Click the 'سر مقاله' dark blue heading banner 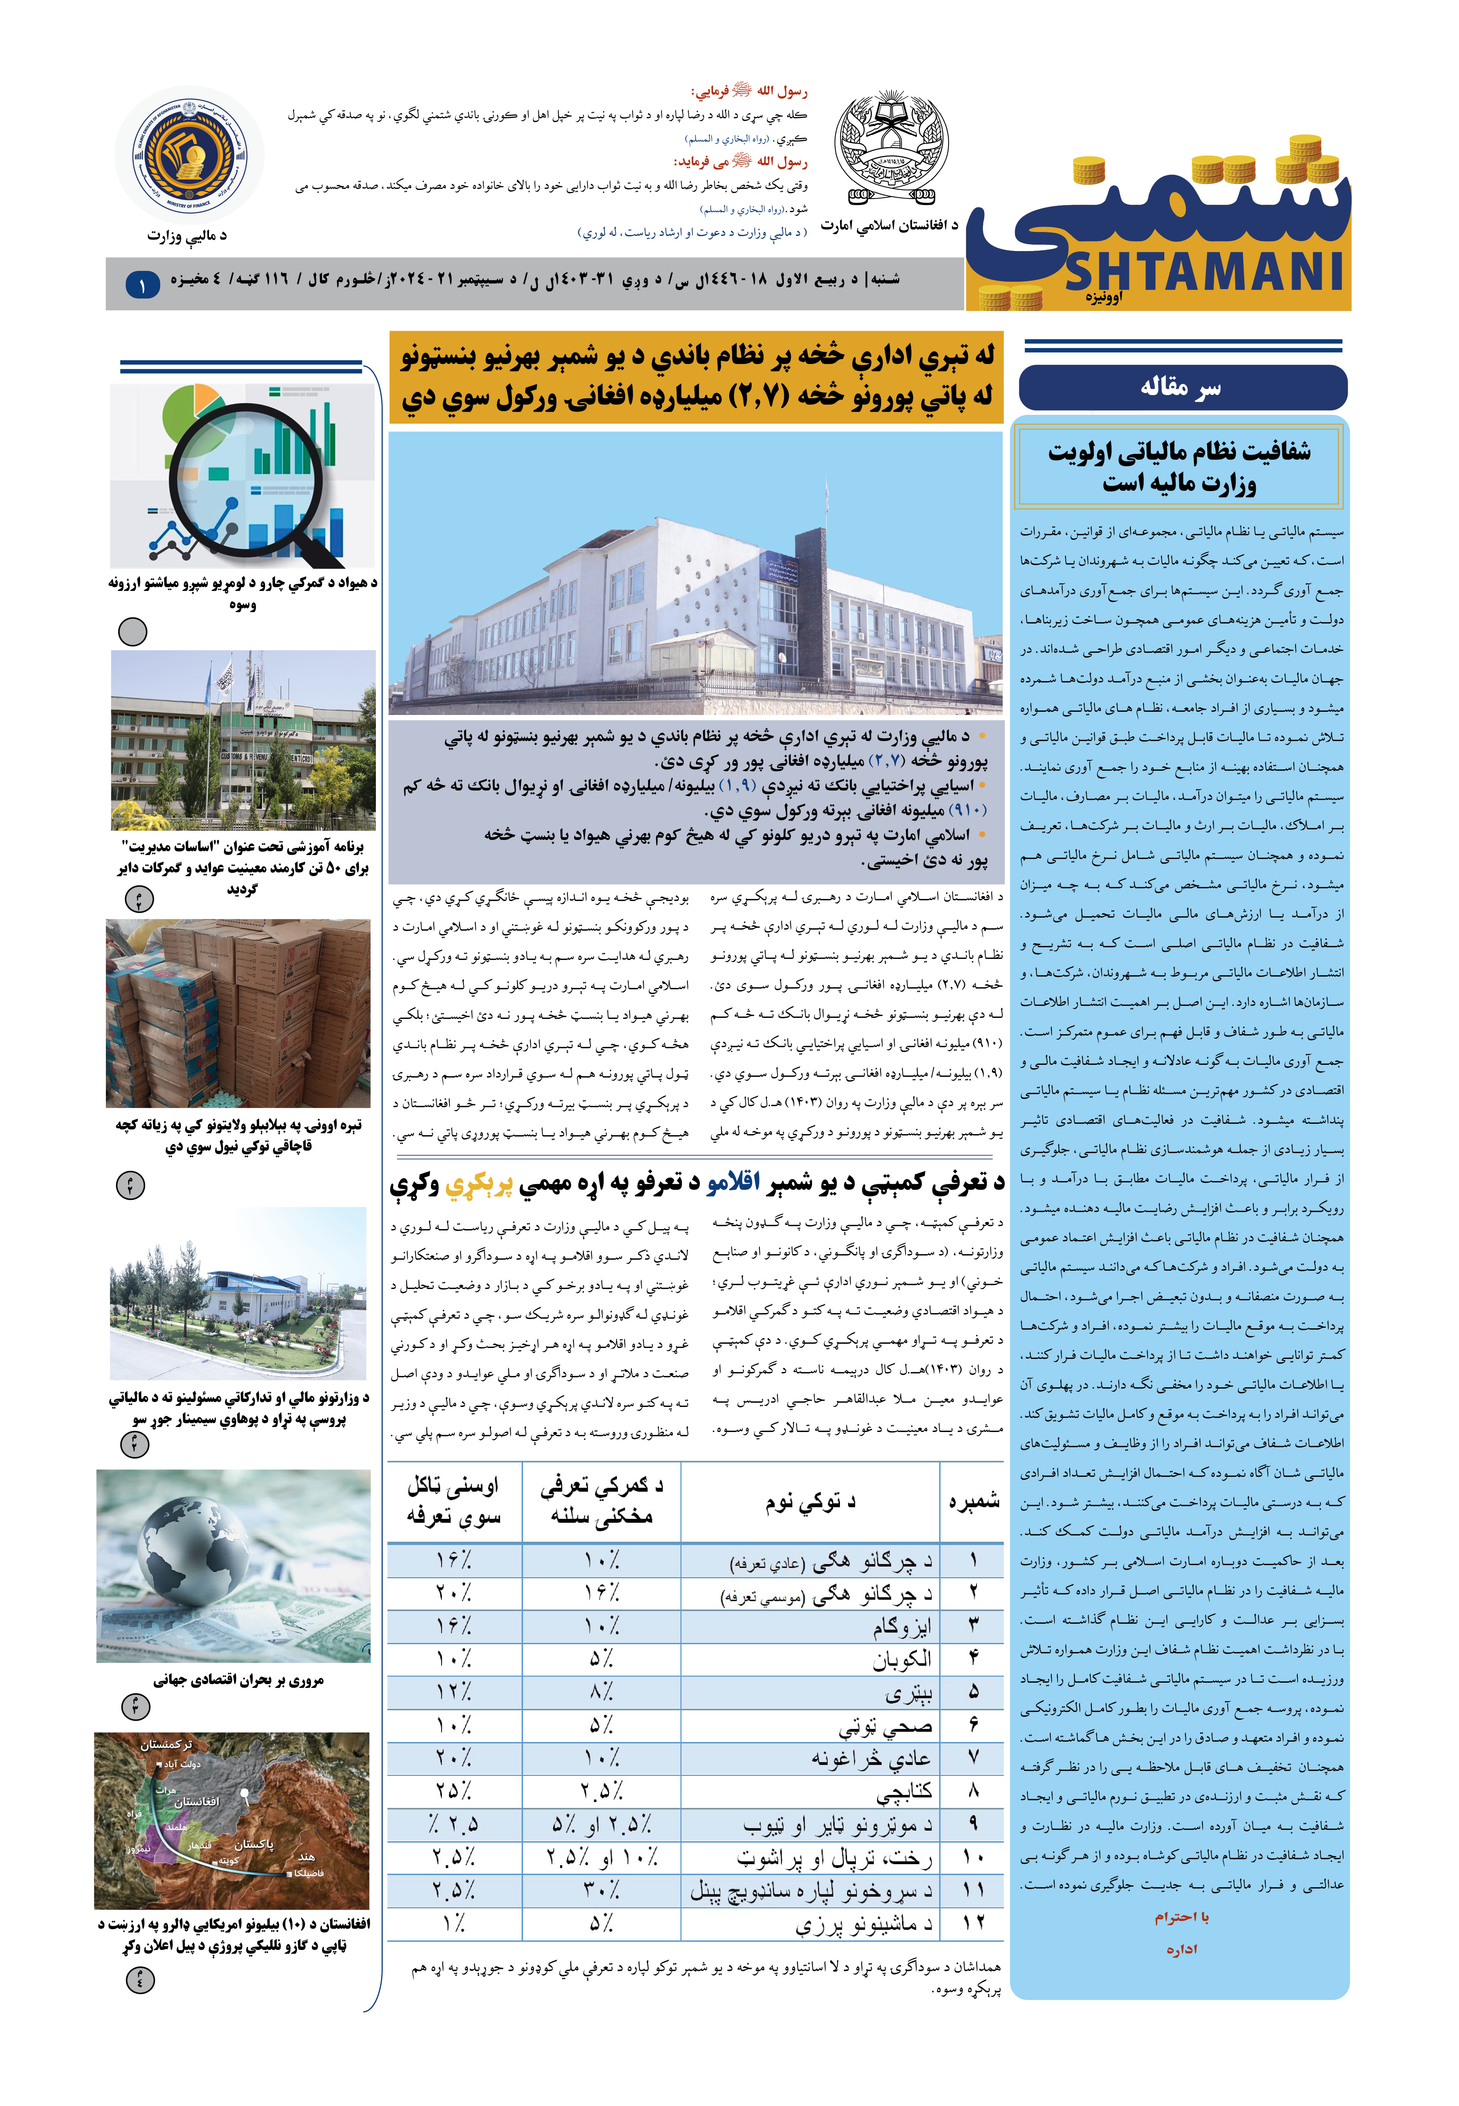(1182, 388)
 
